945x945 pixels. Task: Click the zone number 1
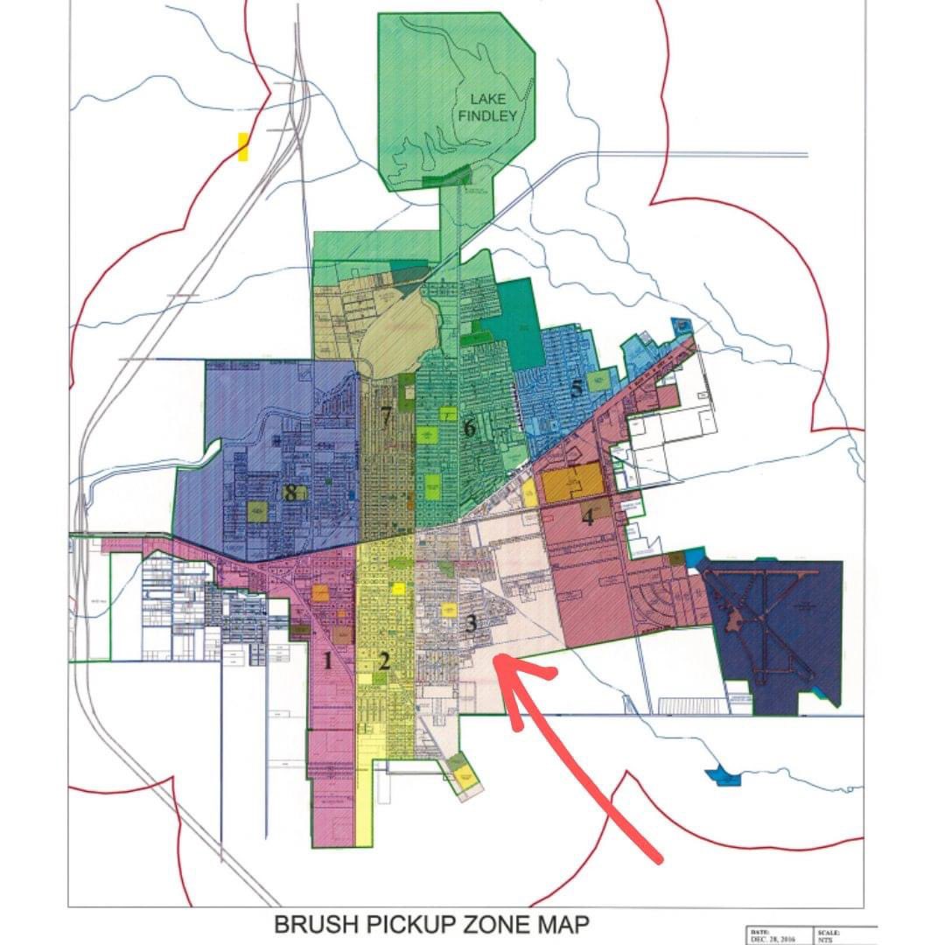click(328, 661)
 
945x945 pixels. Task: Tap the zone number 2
click(383, 661)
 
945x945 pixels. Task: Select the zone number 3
click(472, 624)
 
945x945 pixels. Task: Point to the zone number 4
click(588, 516)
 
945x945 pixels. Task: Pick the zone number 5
click(577, 389)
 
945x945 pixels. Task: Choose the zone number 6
click(469, 428)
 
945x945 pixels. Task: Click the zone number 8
click(290, 492)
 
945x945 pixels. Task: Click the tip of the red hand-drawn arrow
click(497, 658)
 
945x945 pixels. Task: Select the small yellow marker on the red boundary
click(243, 147)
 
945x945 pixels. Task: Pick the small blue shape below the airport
click(724, 775)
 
